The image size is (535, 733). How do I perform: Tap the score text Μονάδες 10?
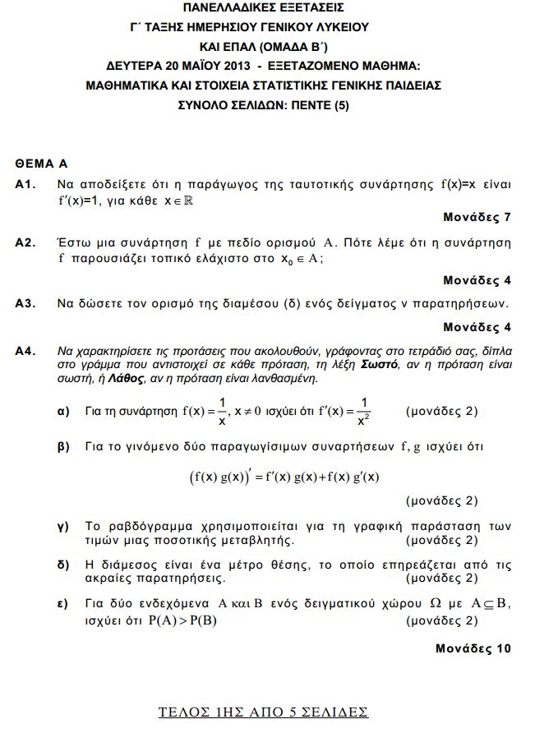pos(473,648)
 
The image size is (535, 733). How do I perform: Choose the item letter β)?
pos(62,447)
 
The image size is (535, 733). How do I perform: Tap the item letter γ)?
pos(62,526)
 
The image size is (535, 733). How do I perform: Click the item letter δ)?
pos(62,565)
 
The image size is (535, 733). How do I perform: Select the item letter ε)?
pos(62,604)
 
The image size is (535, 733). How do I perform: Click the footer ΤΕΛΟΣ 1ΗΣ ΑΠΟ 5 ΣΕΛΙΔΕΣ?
pos(263,711)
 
